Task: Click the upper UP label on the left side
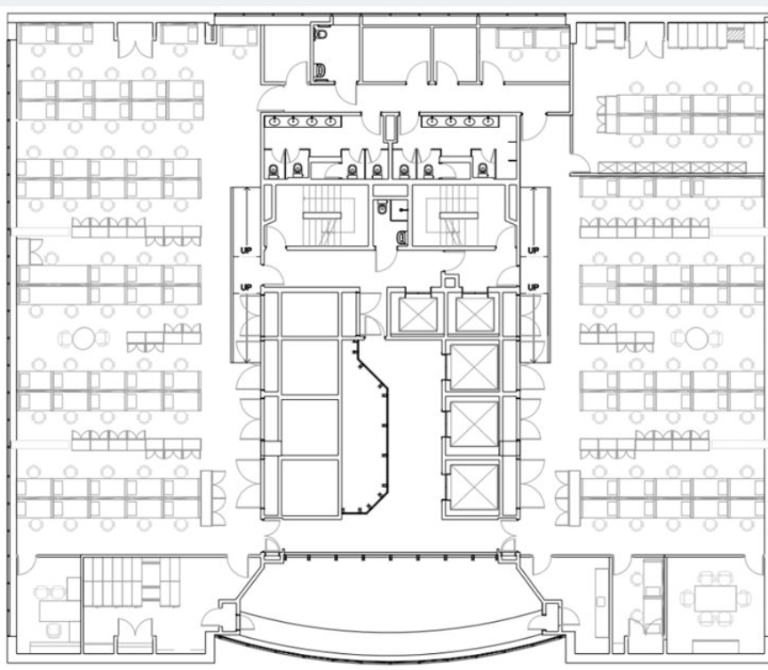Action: coord(246,251)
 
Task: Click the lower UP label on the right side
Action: coord(533,287)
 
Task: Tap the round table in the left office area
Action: coord(83,339)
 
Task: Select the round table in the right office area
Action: coord(696,339)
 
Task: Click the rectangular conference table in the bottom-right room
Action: coord(715,598)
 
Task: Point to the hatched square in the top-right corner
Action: coord(734,35)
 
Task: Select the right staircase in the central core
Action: coord(452,216)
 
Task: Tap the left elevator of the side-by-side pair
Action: coord(417,315)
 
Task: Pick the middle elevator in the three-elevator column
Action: coord(473,424)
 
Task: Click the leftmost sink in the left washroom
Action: coord(274,121)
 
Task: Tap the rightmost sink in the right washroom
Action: coord(487,121)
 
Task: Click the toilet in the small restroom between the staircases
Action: coord(382,208)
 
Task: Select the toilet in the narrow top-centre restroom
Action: coord(321,35)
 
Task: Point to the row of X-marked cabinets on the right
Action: coord(672,168)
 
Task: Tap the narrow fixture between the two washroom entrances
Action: coord(391,127)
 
